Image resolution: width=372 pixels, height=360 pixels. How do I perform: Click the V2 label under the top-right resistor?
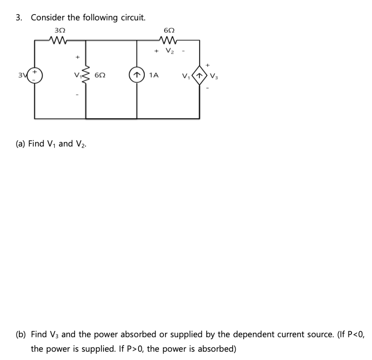pos(170,51)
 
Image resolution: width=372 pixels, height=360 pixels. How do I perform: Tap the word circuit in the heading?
pos(132,17)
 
